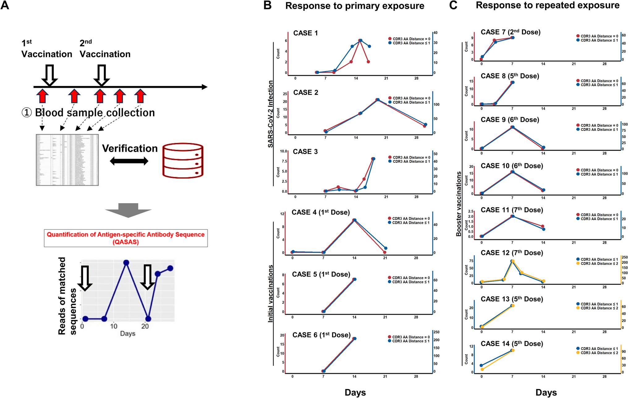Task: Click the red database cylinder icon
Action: (183, 160)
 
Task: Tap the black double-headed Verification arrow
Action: (129, 161)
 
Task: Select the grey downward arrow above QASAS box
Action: (128, 210)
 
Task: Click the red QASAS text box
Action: (125, 238)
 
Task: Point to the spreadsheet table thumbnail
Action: (67, 160)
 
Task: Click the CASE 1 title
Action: (305, 33)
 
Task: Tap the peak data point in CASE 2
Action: (377, 100)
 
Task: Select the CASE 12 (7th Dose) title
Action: (511, 253)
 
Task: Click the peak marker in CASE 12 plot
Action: (512, 261)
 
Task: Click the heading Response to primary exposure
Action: (354, 6)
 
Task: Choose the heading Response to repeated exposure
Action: (547, 5)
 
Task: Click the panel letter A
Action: (5, 5)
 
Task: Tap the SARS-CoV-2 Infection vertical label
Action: (270, 114)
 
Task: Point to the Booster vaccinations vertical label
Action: (459, 204)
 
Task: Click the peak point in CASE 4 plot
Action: (354, 220)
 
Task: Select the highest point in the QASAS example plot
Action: (126, 263)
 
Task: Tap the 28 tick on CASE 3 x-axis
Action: (416, 197)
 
